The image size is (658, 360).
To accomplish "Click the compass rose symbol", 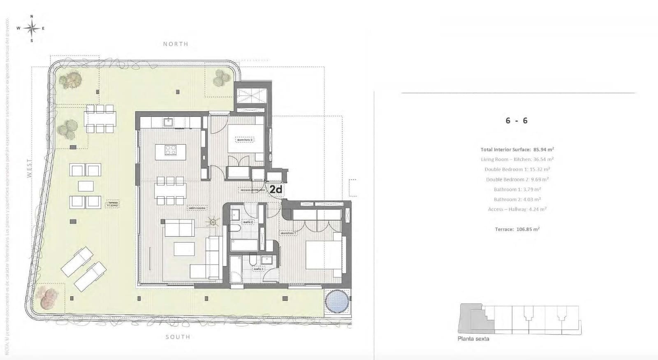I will tap(32, 28).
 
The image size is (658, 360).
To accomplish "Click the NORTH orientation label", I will tap(176, 44).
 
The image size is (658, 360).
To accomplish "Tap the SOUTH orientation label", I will tap(178, 337).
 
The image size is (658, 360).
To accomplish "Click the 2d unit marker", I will tap(276, 189).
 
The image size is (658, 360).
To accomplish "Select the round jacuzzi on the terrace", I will tap(337, 302).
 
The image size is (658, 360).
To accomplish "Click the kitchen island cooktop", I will tap(171, 150).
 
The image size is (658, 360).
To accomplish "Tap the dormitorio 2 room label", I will tap(245, 140).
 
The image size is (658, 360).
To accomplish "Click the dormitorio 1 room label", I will tap(288, 233).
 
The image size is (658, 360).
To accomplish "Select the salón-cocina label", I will tap(197, 208).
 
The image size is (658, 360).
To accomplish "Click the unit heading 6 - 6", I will tap(517, 121).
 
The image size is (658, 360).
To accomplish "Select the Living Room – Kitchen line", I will tap(517, 159).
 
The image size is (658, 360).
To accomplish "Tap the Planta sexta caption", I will tap(473, 339).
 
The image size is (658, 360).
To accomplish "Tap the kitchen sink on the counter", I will tap(168, 122).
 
